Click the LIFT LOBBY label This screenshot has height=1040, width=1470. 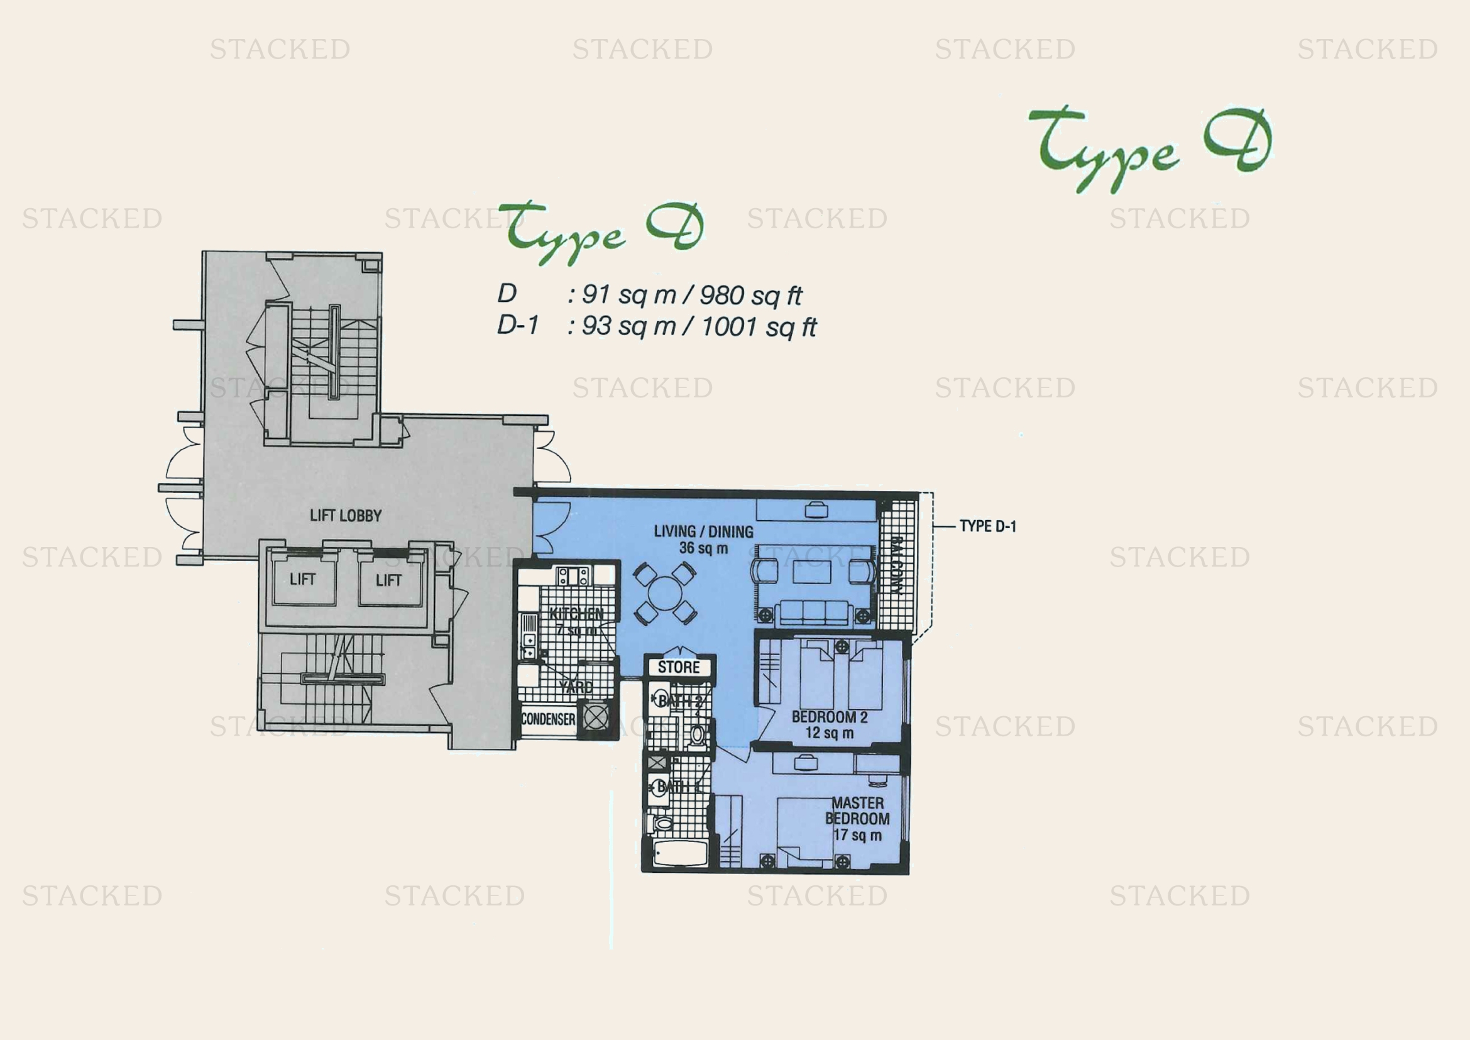tap(345, 516)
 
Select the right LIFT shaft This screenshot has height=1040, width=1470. tap(388, 580)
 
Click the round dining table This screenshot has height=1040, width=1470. tap(665, 592)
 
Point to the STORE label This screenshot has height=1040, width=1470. tap(679, 667)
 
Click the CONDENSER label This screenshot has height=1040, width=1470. tap(547, 719)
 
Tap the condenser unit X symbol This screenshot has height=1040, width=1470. tap(595, 718)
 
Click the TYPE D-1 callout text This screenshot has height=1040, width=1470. tap(987, 526)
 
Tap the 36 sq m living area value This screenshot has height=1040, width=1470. tap(703, 548)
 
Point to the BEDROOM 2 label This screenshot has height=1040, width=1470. tap(829, 717)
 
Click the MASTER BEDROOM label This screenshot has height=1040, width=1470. tap(857, 810)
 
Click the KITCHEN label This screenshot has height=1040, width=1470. tap(576, 614)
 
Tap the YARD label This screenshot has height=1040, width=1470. tap(575, 687)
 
